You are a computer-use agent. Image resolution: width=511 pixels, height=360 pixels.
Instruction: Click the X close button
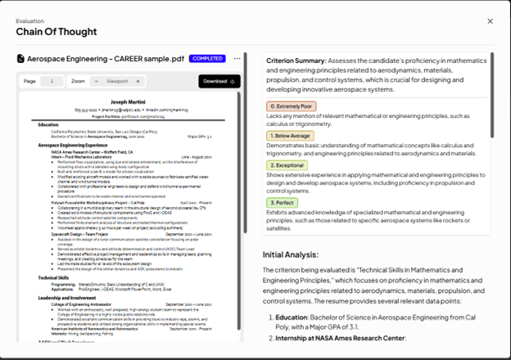click(x=490, y=21)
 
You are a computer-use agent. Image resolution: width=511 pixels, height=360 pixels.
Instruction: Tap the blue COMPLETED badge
click(x=207, y=59)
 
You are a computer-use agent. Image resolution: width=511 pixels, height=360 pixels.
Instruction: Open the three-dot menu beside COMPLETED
click(x=237, y=59)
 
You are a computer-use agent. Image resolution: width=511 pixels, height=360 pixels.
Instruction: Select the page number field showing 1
click(x=51, y=81)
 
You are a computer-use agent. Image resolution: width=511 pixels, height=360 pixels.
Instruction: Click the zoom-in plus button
click(x=138, y=81)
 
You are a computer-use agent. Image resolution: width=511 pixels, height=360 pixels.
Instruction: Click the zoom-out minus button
click(x=97, y=81)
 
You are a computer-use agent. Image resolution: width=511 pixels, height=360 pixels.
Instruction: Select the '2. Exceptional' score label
click(x=291, y=164)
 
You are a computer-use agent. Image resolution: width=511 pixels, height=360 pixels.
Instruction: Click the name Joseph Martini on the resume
click(x=129, y=100)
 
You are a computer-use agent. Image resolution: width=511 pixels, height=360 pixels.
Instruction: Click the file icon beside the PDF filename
click(x=21, y=59)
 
